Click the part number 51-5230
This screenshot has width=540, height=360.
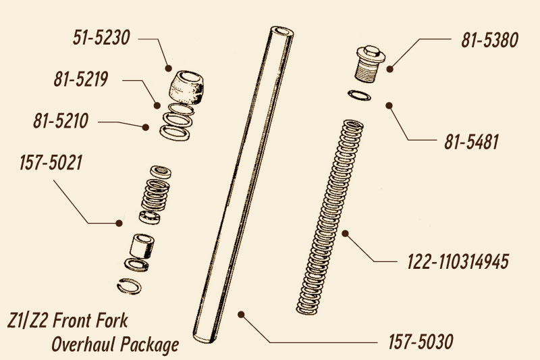click(101, 38)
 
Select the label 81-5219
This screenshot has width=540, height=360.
click(81, 79)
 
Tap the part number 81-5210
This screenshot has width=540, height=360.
click(61, 121)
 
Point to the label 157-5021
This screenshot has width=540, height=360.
click(51, 163)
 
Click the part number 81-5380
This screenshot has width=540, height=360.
click(490, 40)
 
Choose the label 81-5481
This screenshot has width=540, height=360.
click(471, 142)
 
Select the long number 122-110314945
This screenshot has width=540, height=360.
click(458, 262)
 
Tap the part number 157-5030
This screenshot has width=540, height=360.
click(421, 342)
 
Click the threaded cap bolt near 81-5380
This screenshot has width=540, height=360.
click(370, 64)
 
